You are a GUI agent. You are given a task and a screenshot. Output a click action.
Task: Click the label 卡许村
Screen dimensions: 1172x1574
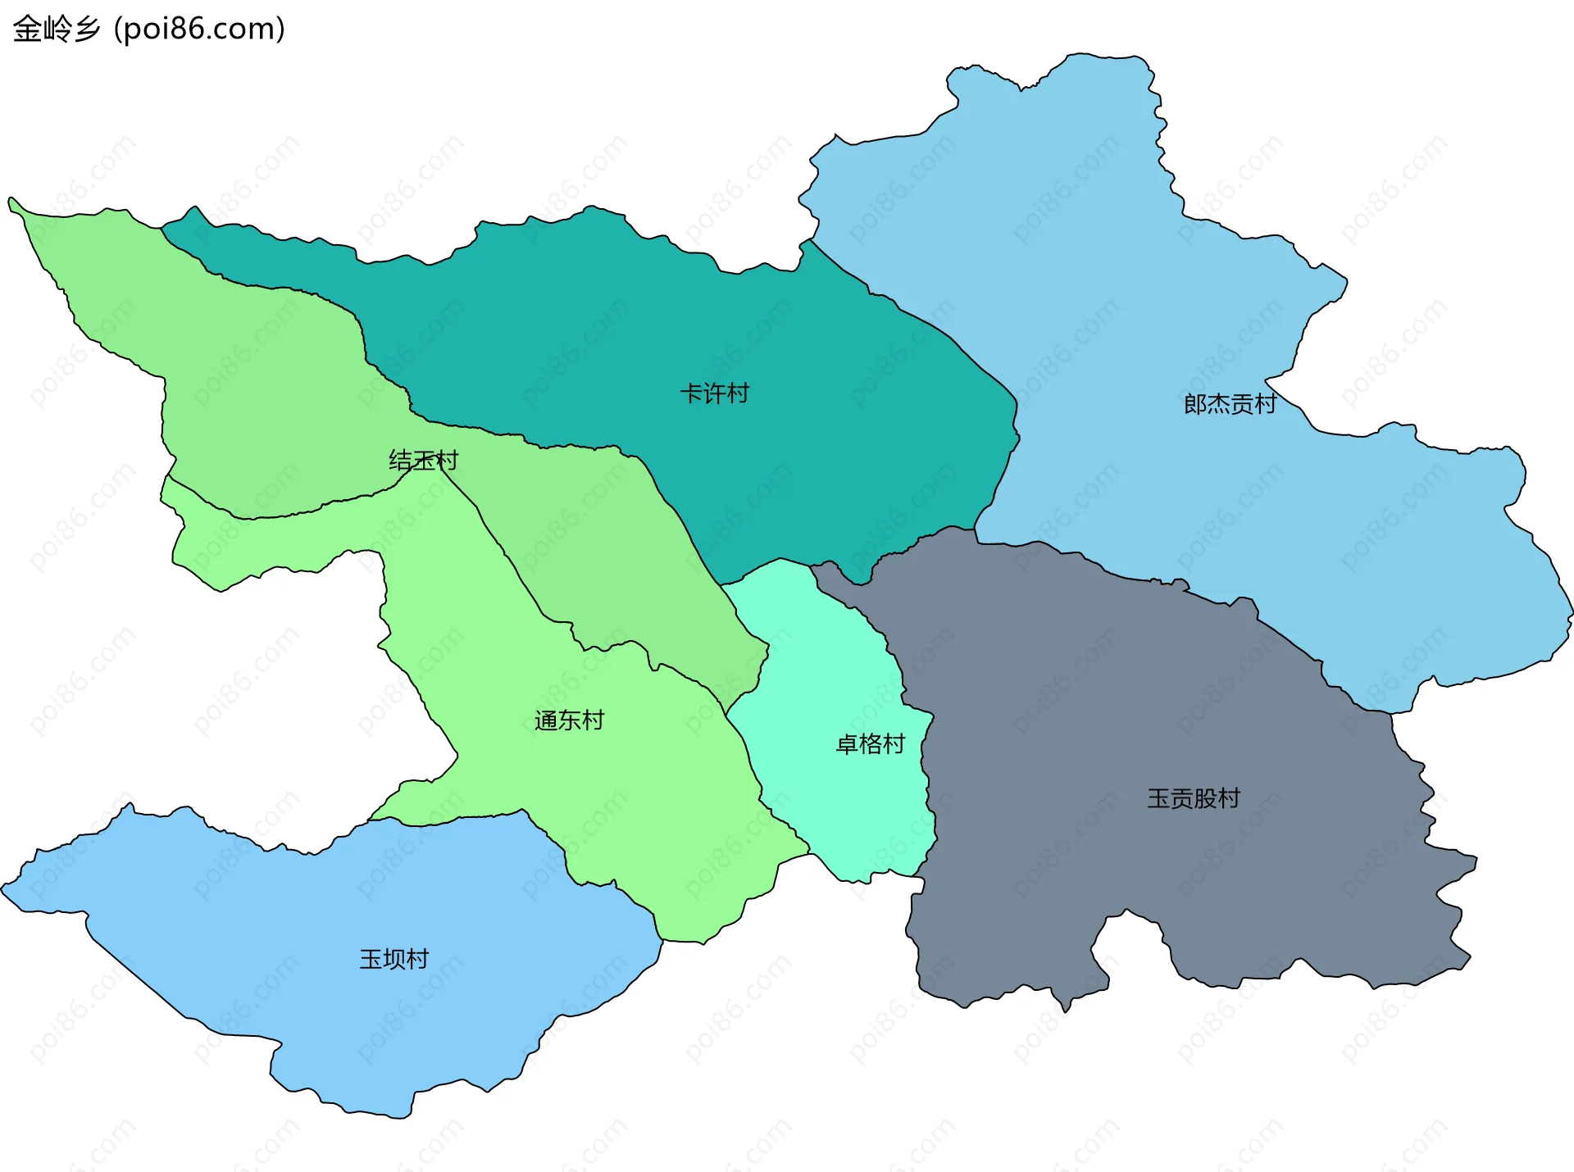[x=714, y=394]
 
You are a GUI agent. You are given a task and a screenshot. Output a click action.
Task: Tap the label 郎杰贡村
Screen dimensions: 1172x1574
[x=1230, y=404]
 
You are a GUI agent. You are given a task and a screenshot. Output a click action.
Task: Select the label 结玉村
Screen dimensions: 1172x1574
[x=423, y=461]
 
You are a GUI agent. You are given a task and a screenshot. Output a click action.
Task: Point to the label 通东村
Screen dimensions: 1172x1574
[x=569, y=720]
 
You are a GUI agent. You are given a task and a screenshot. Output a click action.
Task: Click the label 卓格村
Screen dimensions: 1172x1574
[x=870, y=744]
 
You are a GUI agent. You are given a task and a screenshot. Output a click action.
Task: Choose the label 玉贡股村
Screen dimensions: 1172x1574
[x=1193, y=798]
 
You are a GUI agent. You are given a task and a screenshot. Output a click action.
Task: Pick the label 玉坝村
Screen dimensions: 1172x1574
[x=393, y=959]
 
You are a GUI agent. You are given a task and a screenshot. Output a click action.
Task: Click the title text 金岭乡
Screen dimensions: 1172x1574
[x=57, y=30]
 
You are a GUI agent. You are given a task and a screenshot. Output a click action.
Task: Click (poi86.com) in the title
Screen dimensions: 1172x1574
[x=199, y=30]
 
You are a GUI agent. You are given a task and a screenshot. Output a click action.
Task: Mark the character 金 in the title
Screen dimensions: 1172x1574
[x=27, y=30]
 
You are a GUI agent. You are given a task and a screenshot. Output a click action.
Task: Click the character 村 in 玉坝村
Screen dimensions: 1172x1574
[x=417, y=959]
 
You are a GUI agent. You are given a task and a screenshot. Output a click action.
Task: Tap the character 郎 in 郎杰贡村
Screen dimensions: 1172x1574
[x=1195, y=404]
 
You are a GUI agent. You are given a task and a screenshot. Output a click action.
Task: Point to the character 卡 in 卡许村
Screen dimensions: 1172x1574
[x=691, y=394]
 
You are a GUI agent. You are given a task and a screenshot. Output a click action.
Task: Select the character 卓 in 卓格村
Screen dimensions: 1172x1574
[x=847, y=744]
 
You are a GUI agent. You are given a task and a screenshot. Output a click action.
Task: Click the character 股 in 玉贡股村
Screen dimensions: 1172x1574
[x=1204, y=798]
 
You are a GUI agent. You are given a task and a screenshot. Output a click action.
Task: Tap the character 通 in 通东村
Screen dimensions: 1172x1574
[x=546, y=720]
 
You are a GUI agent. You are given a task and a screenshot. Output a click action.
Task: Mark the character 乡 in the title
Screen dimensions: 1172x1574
[x=86, y=30]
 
